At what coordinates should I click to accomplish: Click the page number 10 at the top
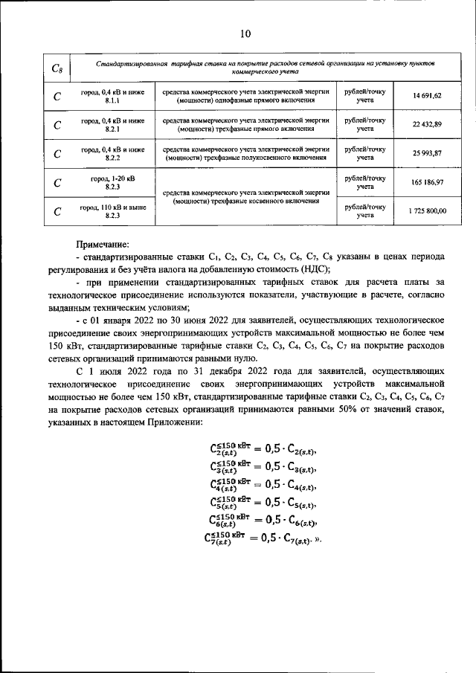click(246, 33)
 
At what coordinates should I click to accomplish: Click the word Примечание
click(103, 244)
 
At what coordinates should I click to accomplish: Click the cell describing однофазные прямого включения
click(244, 96)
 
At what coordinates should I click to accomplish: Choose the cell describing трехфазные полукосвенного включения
click(244, 153)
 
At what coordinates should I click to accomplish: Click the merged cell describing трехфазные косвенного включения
click(244, 196)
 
